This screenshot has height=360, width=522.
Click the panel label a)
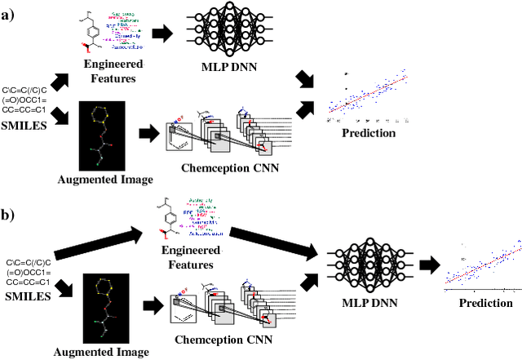[11, 16]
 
